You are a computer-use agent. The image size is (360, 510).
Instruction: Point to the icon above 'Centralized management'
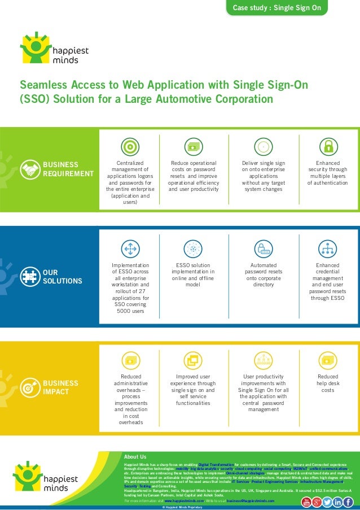pos(130,146)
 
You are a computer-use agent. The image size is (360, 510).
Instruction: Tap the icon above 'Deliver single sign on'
pos(264,146)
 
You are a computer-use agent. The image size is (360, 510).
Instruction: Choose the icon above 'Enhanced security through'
pos(327,146)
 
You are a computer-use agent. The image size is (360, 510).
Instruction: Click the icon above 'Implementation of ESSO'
pos(130,249)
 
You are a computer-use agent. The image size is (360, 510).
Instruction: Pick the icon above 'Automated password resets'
pos(264,249)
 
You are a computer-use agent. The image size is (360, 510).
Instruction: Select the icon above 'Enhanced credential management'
pos(327,249)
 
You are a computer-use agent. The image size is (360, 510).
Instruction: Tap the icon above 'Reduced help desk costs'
pos(327,359)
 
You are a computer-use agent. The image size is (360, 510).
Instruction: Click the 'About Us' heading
pos(135,456)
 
